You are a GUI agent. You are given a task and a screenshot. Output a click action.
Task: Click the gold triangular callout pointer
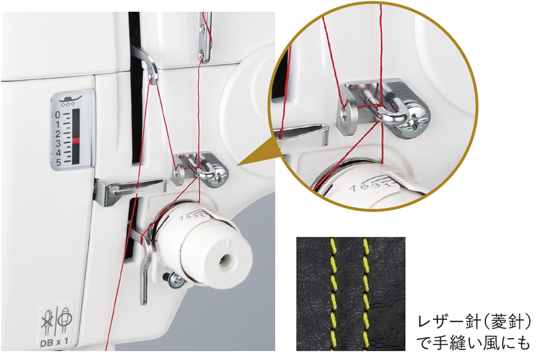coord(255,157)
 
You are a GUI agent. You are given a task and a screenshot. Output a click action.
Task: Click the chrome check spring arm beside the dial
coord(144,263)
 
